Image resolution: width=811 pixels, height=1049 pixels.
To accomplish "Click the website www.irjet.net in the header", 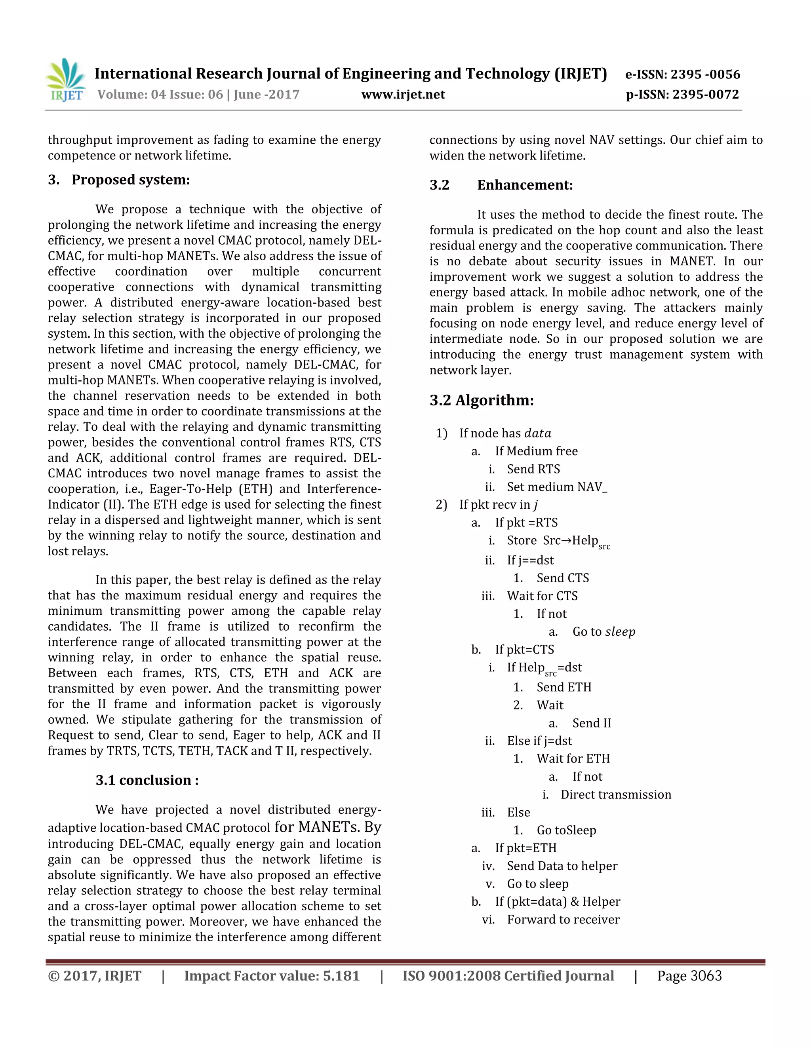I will (403, 95).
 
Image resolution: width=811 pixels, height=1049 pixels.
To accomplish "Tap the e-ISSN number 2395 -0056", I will (705, 74).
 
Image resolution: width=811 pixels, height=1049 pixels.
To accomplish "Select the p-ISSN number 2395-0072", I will (705, 95).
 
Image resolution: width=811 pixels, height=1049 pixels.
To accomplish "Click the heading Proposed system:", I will (131, 180).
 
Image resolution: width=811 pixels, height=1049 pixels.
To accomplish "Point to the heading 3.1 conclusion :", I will (147, 780).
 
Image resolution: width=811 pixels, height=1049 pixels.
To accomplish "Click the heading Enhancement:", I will (525, 185).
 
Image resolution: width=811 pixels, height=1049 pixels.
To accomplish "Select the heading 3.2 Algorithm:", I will (482, 400).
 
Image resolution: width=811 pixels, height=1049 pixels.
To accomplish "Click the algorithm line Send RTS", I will (533, 469).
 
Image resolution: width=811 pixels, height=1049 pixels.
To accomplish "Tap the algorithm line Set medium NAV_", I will (557, 487).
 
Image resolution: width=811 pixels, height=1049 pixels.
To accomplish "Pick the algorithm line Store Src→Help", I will (557, 541).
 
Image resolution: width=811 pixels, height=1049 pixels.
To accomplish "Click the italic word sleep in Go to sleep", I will (620, 632).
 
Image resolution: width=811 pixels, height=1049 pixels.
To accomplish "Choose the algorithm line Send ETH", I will (564, 687).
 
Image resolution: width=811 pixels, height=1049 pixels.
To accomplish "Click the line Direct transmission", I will (615, 794).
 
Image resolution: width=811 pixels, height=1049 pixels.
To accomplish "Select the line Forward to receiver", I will (563, 919).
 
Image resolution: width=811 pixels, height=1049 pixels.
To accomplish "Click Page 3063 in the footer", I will (689, 976).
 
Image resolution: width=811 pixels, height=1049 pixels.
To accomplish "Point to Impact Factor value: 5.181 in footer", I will (272, 976).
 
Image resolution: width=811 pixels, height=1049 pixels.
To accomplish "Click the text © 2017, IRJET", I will (95, 976).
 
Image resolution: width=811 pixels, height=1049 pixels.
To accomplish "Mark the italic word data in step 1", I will (538, 433).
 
